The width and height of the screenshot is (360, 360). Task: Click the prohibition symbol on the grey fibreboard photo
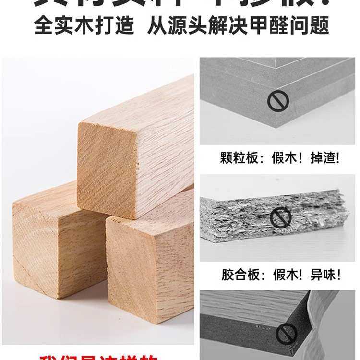point(278,102)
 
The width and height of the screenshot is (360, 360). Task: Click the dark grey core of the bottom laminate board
point(250,331)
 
